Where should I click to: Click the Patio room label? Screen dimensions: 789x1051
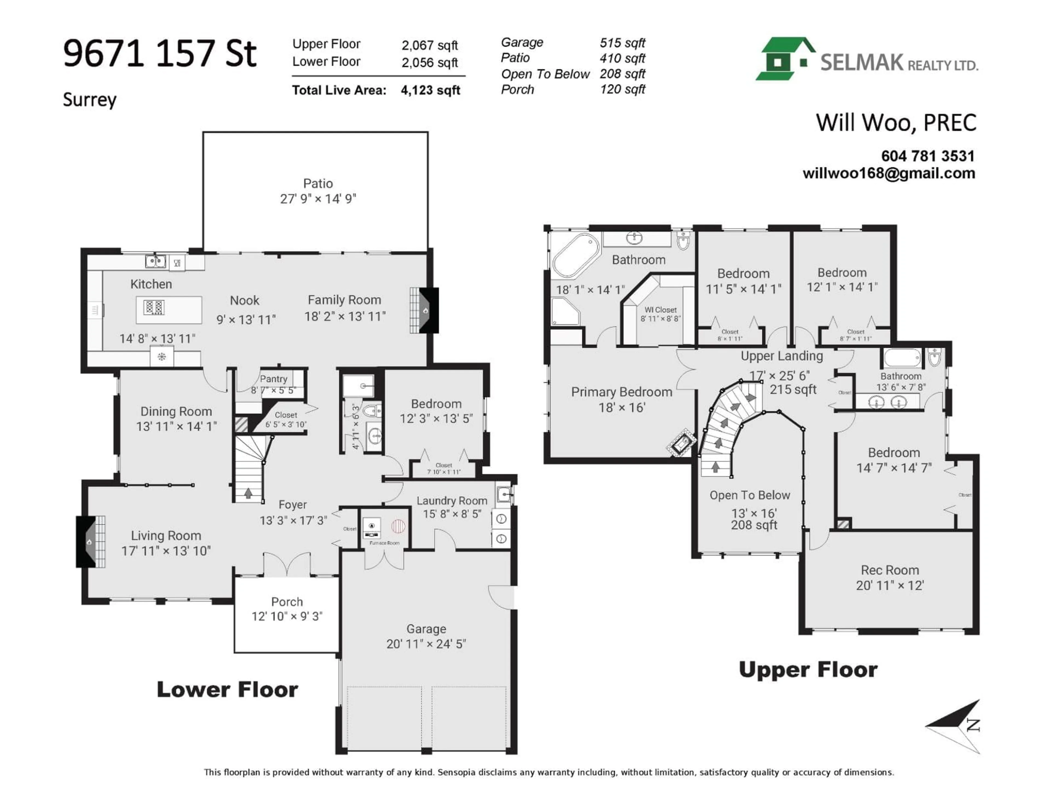point(318,184)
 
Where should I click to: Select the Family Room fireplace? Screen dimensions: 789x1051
point(425,311)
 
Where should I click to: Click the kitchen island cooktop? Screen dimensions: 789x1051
point(154,307)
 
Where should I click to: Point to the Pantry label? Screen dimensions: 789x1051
point(274,379)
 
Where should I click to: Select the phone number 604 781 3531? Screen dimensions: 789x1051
point(928,156)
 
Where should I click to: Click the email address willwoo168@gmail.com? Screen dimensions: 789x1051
point(888,173)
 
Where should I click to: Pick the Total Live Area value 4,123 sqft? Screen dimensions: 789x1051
point(431,90)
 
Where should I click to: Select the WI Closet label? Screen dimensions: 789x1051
point(660,310)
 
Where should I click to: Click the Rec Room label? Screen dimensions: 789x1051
point(890,570)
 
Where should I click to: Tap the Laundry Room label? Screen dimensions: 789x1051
point(452,501)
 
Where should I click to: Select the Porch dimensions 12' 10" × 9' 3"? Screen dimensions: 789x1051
point(287,616)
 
